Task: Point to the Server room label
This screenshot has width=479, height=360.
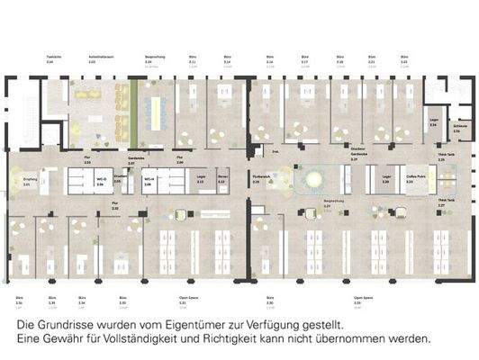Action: [x=221, y=180]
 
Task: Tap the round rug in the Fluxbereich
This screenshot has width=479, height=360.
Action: [x=314, y=182]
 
